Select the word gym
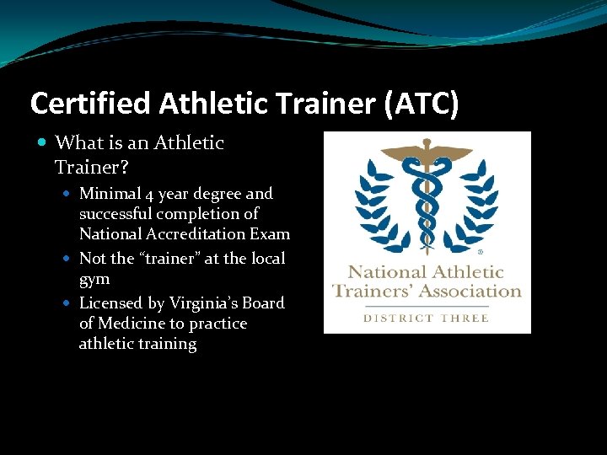pos(94,279)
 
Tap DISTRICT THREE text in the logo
pos(427,318)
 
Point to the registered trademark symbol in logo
pos(481,251)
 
